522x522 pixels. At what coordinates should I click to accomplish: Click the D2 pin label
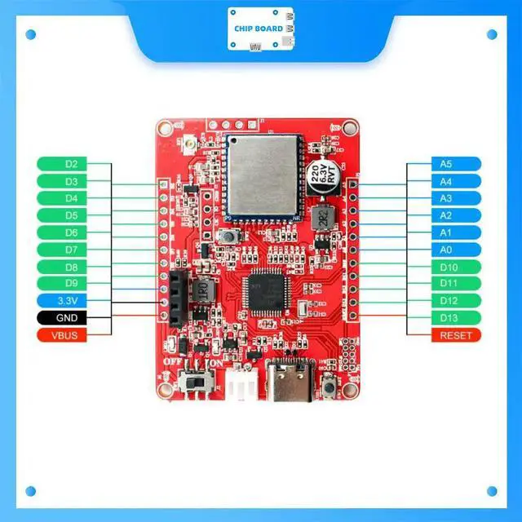point(71,164)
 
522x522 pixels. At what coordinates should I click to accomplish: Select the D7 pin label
point(71,250)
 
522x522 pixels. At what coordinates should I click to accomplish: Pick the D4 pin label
point(71,198)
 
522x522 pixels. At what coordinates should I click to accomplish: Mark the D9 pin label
point(71,284)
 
